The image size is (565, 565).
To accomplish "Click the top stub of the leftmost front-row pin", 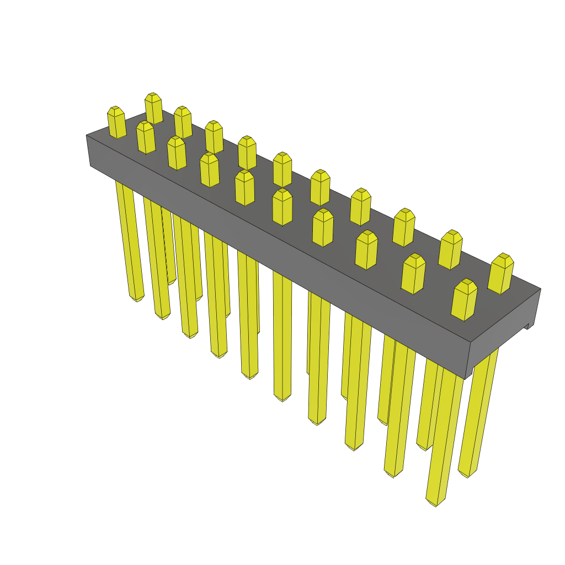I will (x=116, y=122).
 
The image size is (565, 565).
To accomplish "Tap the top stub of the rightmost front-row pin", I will (x=464, y=300).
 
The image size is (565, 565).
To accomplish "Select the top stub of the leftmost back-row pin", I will (x=153, y=108).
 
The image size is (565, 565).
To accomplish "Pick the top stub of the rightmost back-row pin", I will (x=501, y=274).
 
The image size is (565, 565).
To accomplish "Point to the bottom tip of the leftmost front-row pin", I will (x=136, y=298).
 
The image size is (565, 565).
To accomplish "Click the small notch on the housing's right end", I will (x=529, y=326).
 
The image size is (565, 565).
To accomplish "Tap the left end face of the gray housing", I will (x=88, y=150).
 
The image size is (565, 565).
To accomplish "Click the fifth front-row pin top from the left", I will (x=244, y=187).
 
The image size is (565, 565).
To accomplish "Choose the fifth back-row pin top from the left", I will (x=282, y=169).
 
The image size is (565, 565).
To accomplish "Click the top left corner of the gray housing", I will (x=87, y=135).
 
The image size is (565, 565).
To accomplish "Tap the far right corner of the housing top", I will (x=540, y=289).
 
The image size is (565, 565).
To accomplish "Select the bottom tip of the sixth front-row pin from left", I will (x=282, y=397).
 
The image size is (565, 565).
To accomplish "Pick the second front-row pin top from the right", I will (x=413, y=274).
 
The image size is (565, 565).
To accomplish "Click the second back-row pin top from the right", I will (x=451, y=249).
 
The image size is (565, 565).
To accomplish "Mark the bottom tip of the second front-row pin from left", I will (x=162, y=316).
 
